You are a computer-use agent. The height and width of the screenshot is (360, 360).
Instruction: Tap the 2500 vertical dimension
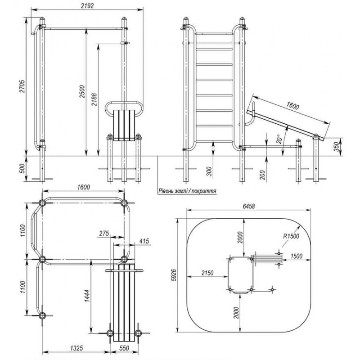tap(81, 91)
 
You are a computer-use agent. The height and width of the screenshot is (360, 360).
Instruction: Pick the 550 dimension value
tap(124, 348)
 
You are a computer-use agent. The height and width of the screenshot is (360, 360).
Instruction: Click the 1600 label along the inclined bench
tap(292, 107)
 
